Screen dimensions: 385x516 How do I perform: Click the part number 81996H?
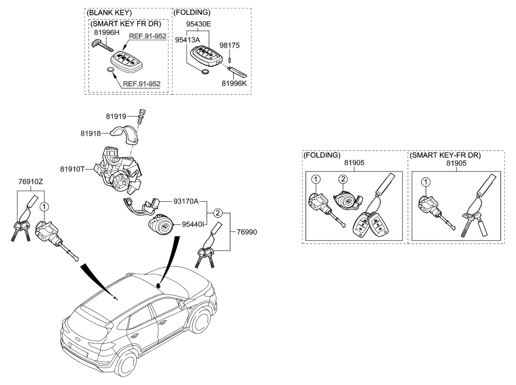click(107, 33)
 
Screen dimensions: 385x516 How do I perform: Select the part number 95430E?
click(198, 24)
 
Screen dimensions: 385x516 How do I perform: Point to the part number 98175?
click(230, 46)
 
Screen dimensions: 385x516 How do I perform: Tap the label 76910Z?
click(31, 182)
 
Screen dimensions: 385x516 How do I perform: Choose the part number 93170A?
click(185, 201)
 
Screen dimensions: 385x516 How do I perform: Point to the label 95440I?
click(193, 225)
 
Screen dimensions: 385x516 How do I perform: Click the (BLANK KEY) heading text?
click(109, 12)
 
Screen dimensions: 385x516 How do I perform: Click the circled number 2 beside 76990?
click(218, 213)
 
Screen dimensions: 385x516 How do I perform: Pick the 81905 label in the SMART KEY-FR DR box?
click(456, 164)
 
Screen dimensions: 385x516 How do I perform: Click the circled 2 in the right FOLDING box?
click(343, 180)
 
